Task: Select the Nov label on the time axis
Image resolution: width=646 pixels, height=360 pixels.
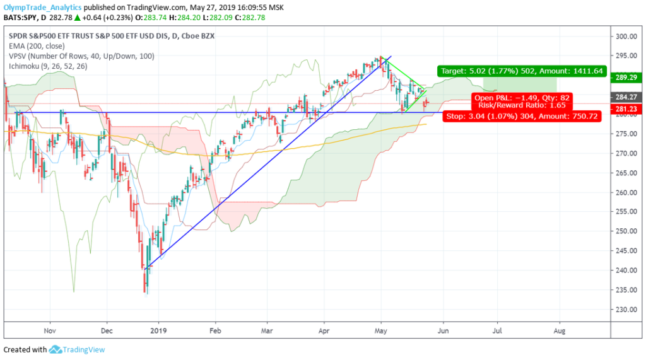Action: pos(51,329)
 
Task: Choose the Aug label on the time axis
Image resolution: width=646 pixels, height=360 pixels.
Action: pos(558,329)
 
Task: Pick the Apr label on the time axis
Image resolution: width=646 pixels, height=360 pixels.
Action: pos(324,329)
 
